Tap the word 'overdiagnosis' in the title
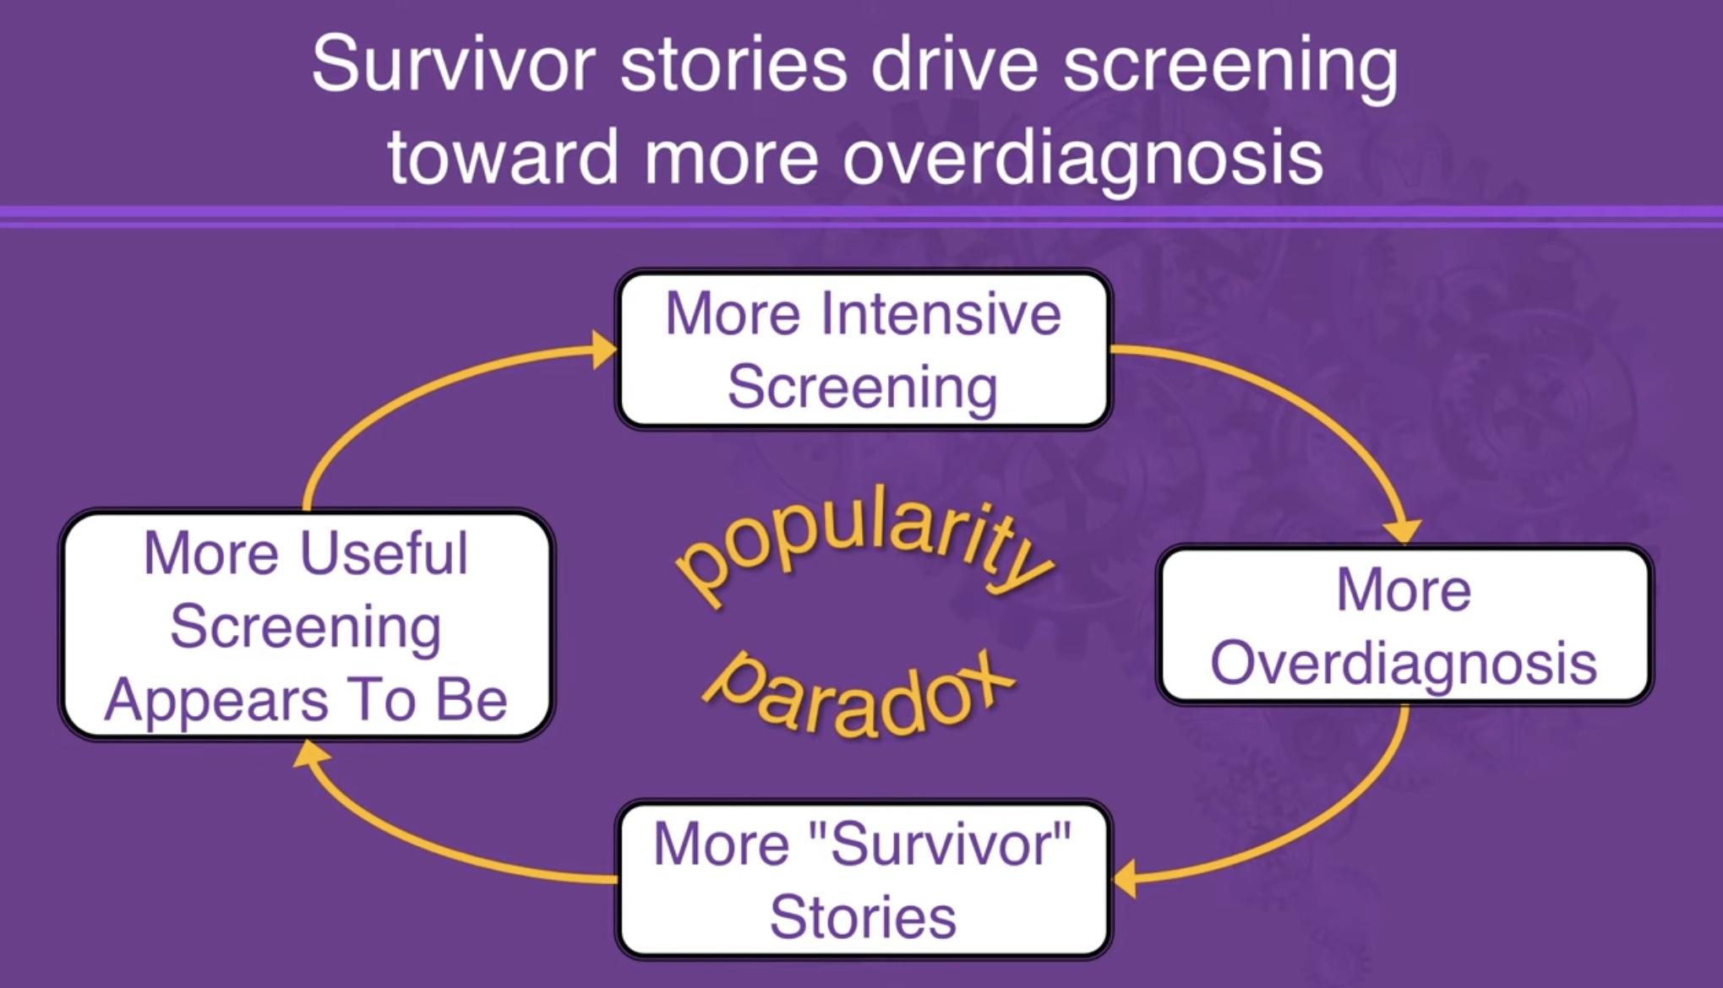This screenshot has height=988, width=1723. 1082,158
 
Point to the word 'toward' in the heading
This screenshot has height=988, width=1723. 504,158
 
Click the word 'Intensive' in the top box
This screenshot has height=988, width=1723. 941,314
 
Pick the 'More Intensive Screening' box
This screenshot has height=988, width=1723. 863,349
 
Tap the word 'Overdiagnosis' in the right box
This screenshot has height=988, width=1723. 1404,663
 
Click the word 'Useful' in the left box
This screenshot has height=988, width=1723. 384,554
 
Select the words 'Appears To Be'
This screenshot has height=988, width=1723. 306,700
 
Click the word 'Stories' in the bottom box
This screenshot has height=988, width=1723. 863,917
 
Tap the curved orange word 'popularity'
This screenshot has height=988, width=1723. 862,540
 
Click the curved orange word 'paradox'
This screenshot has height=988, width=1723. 858,697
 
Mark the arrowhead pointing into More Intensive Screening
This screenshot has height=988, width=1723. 604,349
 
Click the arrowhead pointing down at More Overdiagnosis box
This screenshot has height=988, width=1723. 1404,532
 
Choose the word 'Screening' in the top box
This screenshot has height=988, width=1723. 863,388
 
